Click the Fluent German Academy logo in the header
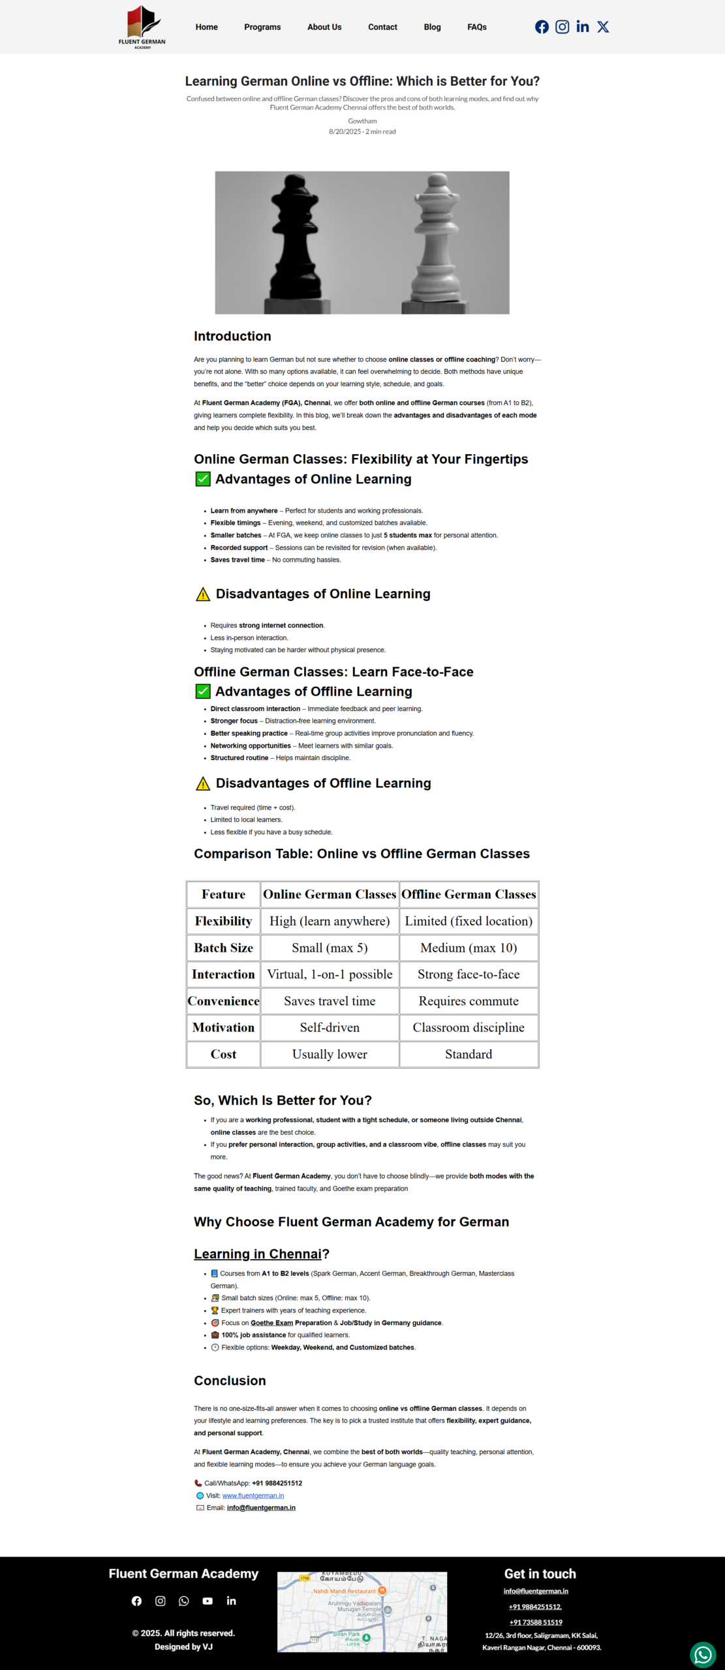click(x=142, y=27)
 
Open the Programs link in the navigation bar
click(x=262, y=27)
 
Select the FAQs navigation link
click(x=477, y=27)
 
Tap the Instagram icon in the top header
click(x=562, y=27)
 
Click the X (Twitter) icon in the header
click(x=603, y=27)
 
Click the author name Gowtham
click(x=362, y=121)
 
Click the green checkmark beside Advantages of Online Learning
click(x=203, y=479)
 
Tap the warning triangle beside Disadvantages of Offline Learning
click(x=203, y=783)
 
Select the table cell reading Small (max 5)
click(x=330, y=948)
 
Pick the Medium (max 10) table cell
click(x=469, y=948)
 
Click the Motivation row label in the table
click(x=223, y=1027)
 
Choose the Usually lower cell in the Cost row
click(x=330, y=1054)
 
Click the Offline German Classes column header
click(x=469, y=894)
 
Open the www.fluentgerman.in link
click(x=253, y=1496)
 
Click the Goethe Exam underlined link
click(x=271, y=1323)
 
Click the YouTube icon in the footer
click(x=208, y=1601)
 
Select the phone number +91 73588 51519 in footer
click(x=536, y=1622)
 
